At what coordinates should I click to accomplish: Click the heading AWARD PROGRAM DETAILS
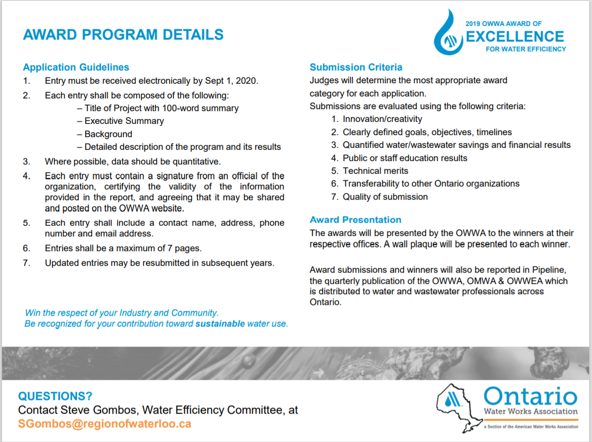(123, 35)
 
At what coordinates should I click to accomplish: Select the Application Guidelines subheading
(76, 68)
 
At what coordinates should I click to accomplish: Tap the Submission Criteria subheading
(356, 67)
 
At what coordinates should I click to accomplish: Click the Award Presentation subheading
(355, 220)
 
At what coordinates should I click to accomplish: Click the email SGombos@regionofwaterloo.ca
(104, 423)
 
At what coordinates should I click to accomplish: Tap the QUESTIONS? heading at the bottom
(55, 396)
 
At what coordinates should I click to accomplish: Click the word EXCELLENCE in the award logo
(515, 37)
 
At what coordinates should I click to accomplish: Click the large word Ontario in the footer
(530, 397)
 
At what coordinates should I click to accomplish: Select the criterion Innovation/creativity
(382, 119)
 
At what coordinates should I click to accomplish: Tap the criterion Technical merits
(375, 171)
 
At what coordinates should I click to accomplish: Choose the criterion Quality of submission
(385, 196)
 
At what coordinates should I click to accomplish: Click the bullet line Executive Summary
(124, 121)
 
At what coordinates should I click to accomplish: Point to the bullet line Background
(108, 134)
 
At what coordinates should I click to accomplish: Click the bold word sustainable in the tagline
(220, 324)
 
